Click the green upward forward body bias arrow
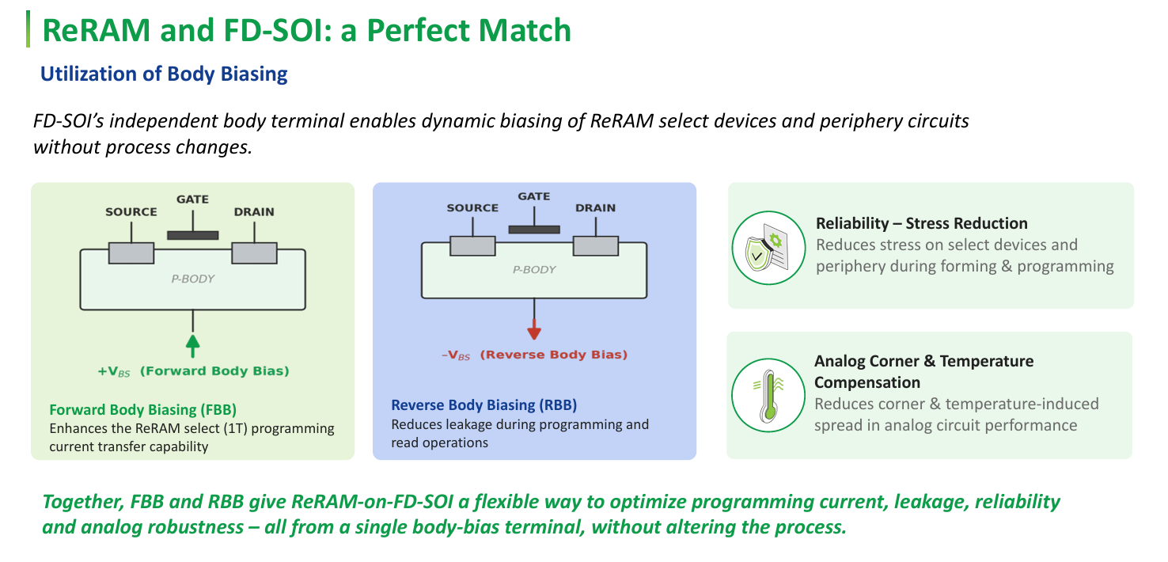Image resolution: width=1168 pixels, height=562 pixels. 193,334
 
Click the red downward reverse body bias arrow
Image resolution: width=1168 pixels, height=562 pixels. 534,319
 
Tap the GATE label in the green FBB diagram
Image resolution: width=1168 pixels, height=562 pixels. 192,199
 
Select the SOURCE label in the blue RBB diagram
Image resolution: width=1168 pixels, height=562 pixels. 472,207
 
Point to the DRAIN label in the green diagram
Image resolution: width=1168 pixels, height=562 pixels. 254,211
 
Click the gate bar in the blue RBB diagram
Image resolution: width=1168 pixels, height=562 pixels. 534,230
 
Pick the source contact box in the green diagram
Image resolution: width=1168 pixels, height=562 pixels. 131,253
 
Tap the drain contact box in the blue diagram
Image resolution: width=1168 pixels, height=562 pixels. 595,245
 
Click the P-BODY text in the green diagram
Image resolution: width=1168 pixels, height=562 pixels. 193,279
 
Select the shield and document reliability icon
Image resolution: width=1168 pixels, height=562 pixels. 768,248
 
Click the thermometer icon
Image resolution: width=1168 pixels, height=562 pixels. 768,395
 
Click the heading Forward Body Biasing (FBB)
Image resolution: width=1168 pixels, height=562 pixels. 143,410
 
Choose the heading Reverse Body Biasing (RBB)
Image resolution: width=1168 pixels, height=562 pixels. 484,405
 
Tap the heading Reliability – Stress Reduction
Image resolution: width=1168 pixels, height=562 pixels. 921,223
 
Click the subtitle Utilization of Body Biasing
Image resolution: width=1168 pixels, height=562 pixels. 164,74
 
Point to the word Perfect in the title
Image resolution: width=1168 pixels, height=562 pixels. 418,30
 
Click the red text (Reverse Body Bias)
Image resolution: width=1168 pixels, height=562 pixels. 554,355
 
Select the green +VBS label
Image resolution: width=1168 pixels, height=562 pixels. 114,372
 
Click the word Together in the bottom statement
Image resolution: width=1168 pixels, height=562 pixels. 83,502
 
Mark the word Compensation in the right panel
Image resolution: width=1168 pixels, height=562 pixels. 867,382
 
